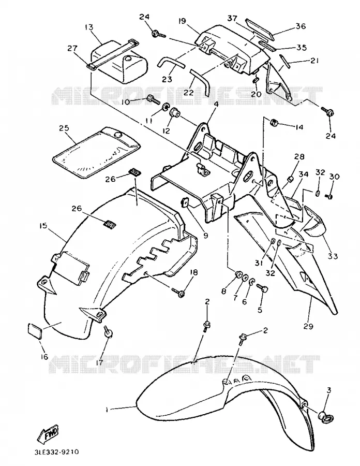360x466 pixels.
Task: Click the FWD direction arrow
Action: (x=47, y=433)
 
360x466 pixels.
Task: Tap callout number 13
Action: (x=89, y=27)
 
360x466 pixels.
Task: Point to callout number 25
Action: (x=64, y=128)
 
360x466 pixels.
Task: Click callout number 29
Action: (x=308, y=326)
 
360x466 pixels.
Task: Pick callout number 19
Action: (x=182, y=21)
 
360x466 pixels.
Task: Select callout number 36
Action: (x=301, y=26)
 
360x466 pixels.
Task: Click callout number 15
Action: (x=43, y=226)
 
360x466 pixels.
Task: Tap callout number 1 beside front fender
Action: (x=106, y=410)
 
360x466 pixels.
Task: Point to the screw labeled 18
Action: (x=178, y=292)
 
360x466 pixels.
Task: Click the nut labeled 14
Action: (x=273, y=122)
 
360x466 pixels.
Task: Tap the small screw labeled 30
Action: (x=328, y=196)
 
